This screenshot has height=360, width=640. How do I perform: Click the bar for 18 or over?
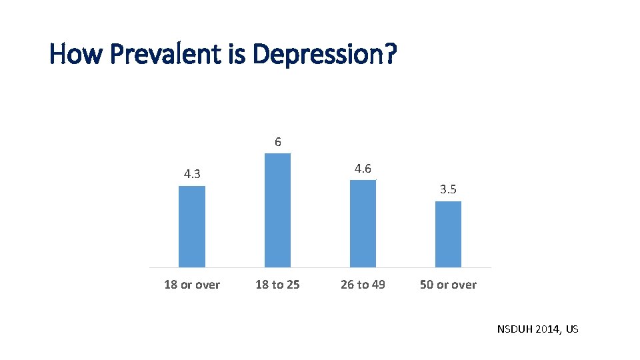click(x=192, y=227)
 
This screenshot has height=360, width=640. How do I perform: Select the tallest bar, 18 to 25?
click(x=277, y=211)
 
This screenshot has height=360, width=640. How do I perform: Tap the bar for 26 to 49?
click(x=363, y=224)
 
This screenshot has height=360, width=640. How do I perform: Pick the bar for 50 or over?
click(x=448, y=235)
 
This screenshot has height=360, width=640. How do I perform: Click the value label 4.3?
click(x=192, y=175)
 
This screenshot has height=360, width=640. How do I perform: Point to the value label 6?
click(x=278, y=142)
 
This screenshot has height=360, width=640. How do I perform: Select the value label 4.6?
click(x=363, y=169)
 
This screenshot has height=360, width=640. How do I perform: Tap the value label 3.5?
click(x=448, y=190)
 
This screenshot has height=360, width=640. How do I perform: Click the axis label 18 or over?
click(x=192, y=285)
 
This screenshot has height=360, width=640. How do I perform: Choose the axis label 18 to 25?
click(x=277, y=285)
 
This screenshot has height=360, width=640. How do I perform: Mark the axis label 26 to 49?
click(x=363, y=285)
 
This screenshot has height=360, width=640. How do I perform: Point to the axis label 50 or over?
click(x=448, y=285)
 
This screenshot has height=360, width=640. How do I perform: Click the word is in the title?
click(x=237, y=55)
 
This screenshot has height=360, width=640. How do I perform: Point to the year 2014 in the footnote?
click(x=549, y=329)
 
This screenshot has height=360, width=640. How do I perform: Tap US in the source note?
click(x=572, y=329)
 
